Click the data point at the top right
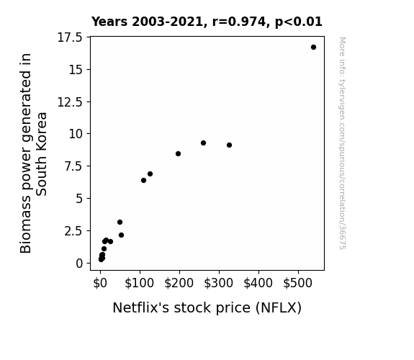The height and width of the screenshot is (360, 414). point(313,48)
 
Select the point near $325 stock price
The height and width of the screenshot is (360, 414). point(229,145)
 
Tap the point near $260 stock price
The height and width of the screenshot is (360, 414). point(203,143)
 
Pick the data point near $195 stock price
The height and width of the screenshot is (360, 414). point(179,153)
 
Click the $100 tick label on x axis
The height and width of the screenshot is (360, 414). point(139,283)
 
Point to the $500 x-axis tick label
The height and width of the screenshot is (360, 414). point(297,283)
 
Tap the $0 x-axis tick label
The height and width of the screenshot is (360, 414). point(100,283)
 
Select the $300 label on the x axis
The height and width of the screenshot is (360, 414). point(218,283)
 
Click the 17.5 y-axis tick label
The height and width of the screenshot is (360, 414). point(70,37)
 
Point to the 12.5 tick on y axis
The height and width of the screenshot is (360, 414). point(70,102)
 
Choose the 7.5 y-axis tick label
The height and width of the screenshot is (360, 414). point(73,166)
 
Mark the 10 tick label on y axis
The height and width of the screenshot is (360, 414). point(76,134)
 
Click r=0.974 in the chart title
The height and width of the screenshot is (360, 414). point(239,22)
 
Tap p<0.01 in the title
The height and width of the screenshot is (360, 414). point(299,22)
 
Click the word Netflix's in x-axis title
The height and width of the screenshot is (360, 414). point(141,307)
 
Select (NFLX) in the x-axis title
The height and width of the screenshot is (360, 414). point(279,308)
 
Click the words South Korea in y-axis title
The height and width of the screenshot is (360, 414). point(42,154)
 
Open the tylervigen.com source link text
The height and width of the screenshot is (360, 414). point(342,143)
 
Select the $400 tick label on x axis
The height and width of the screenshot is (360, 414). point(258,283)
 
